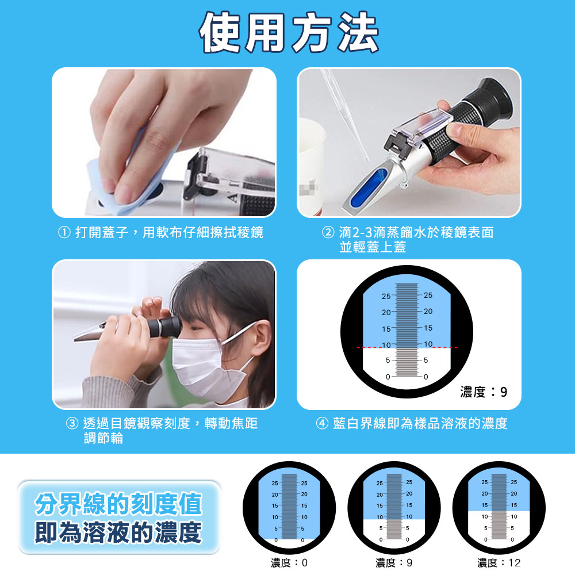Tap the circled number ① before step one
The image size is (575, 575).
[64, 232]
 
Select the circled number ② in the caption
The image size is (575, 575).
[328, 232]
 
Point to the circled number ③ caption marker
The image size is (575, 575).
[72, 424]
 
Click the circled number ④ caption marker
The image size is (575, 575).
[322, 424]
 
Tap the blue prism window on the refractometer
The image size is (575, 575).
[370, 187]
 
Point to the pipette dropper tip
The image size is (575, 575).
[366, 159]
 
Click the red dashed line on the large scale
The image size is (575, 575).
[407, 347]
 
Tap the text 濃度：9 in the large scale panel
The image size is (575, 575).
[484, 392]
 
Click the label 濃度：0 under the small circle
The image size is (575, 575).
[289, 562]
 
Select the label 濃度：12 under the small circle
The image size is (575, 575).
[499, 562]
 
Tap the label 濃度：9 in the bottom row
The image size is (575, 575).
[394, 562]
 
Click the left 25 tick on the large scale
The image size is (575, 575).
[386, 296]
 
